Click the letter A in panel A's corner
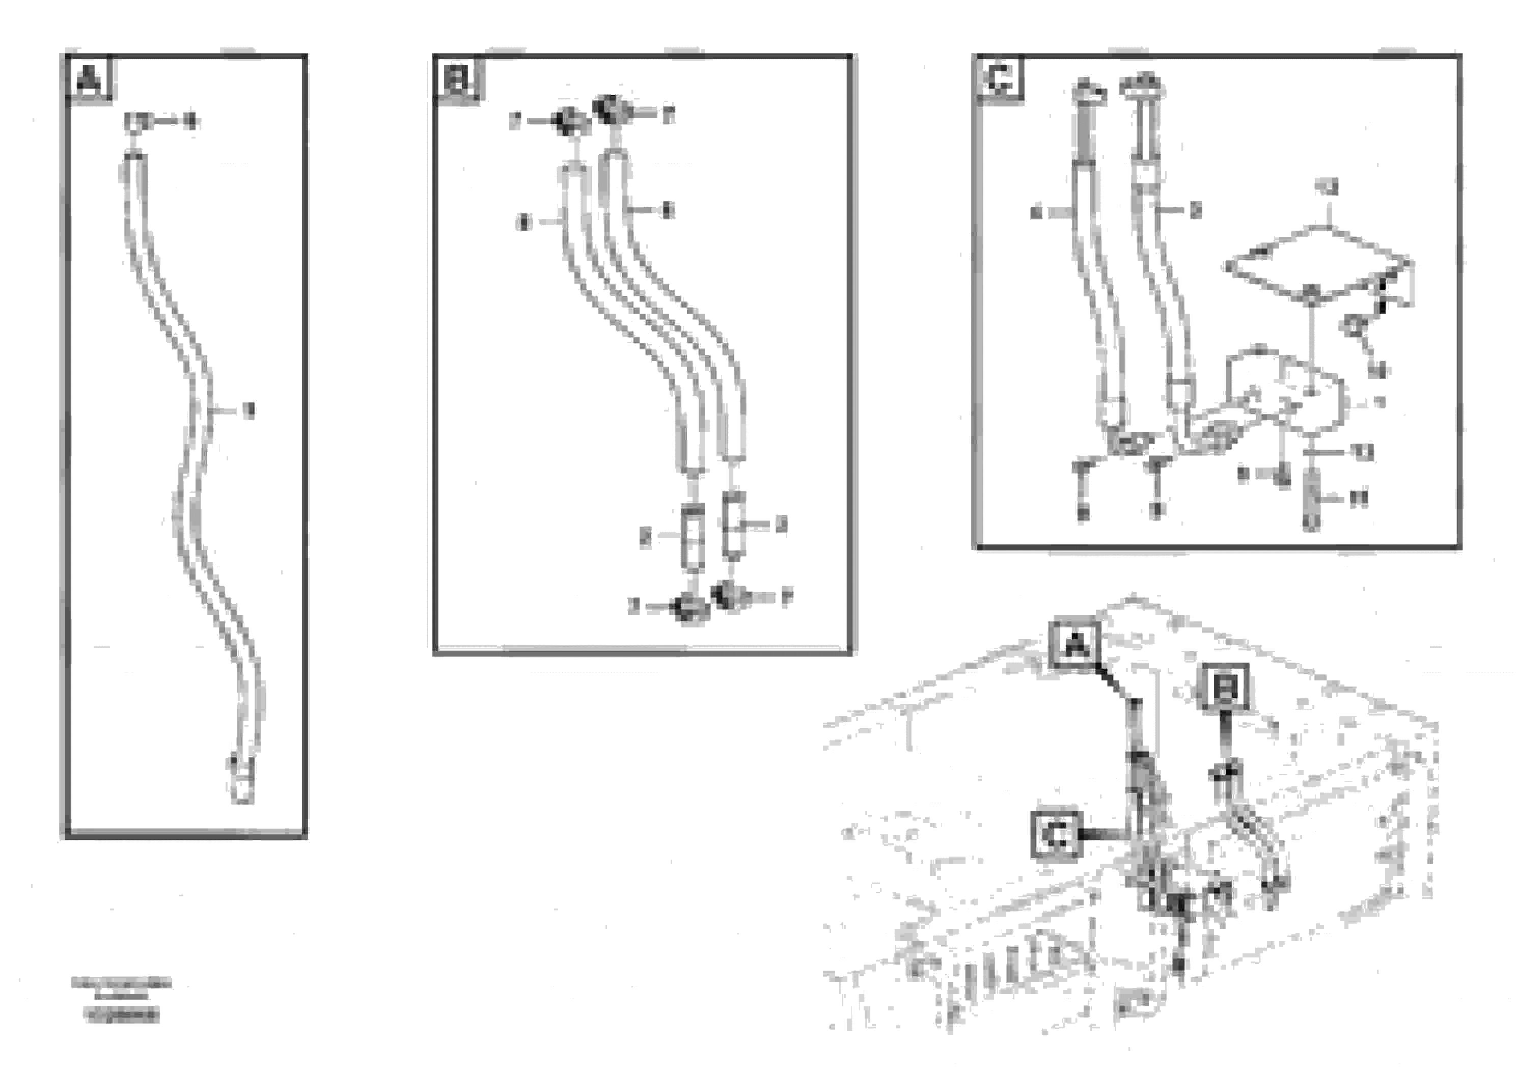pyautogui.click(x=90, y=80)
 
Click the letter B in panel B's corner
pyautogui.click(x=458, y=80)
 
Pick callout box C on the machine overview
pyautogui.click(x=1056, y=835)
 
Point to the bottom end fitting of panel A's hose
pyautogui.click(x=242, y=786)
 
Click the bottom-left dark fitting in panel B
pyautogui.click(x=688, y=608)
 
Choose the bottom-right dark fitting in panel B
pyautogui.click(x=730, y=594)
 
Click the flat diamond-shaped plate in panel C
pyautogui.click(x=1314, y=264)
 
